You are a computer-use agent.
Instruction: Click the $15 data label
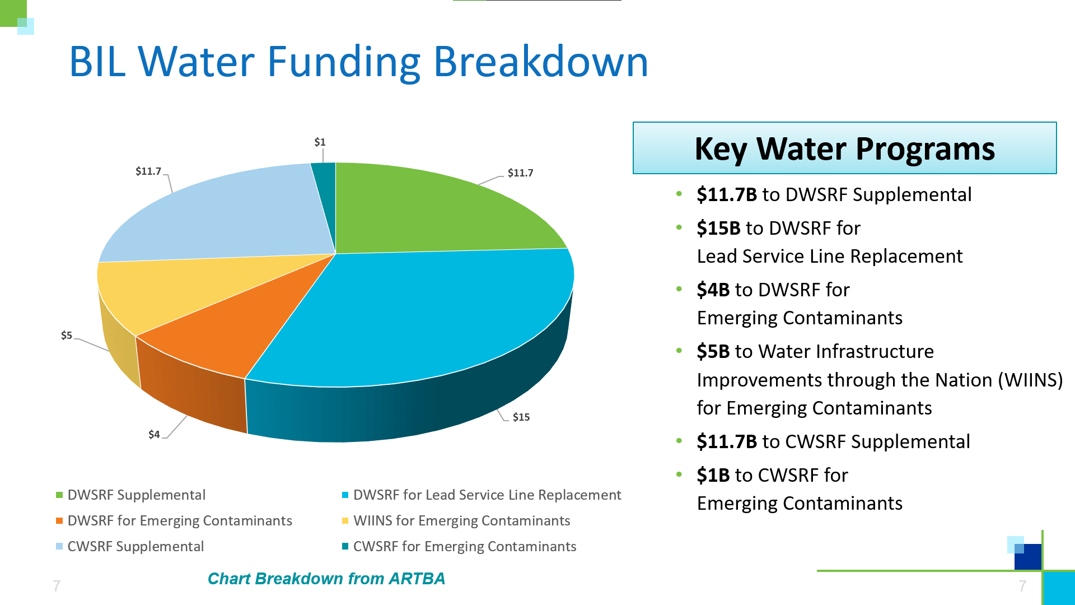(x=521, y=417)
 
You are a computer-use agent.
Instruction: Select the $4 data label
(x=154, y=434)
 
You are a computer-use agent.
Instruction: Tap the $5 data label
(x=67, y=335)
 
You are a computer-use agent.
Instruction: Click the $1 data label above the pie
(x=320, y=142)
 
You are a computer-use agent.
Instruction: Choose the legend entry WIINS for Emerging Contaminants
(x=461, y=520)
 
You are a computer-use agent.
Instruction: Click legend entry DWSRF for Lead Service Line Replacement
(x=487, y=495)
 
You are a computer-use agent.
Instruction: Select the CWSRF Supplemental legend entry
(x=135, y=546)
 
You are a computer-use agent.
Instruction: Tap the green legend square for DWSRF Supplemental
(x=59, y=495)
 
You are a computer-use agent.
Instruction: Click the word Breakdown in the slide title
(x=540, y=62)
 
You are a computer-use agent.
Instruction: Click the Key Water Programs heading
(x=844, y=148)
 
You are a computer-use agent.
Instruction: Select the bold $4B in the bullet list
(x=713, y=290)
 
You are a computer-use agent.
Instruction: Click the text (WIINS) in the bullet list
(x=1030, y=380)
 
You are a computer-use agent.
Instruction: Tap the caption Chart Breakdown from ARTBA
(x=326, y=578)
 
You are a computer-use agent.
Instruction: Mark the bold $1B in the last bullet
(x=713, y=475)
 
